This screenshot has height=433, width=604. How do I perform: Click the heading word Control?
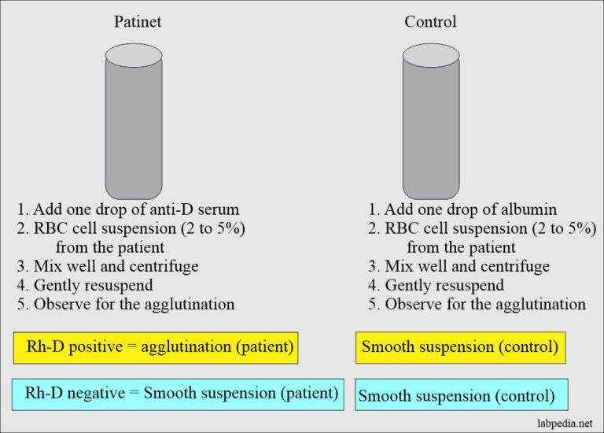pyautogui.click(x=430, y=22)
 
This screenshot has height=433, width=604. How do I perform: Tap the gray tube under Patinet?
pyautogui.click(x=134, y=130)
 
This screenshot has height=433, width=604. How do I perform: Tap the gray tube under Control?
pyautogui.click(x=431, y=130)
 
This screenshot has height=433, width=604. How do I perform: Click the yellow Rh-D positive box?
pyautogui.click(x=156, y=346)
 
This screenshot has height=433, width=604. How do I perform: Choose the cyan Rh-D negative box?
pyautogui.click(x=178, y=392)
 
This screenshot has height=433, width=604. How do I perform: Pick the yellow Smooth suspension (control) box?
pyautogui.click(x=459, y=346)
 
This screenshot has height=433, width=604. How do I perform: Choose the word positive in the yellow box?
pyautogui.click(x=91, y=346)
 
